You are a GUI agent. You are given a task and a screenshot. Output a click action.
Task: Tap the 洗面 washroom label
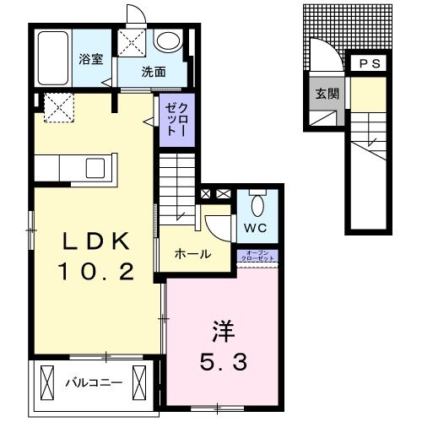coord(153,72)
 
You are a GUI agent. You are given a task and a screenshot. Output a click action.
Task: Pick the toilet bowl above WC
coord(259,203)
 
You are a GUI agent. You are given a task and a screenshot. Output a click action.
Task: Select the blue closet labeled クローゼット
coord(171,120)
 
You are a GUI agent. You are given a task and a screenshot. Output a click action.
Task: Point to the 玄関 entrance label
coord(327,94)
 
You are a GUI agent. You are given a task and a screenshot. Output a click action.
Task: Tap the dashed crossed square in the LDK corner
coord(57,106)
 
